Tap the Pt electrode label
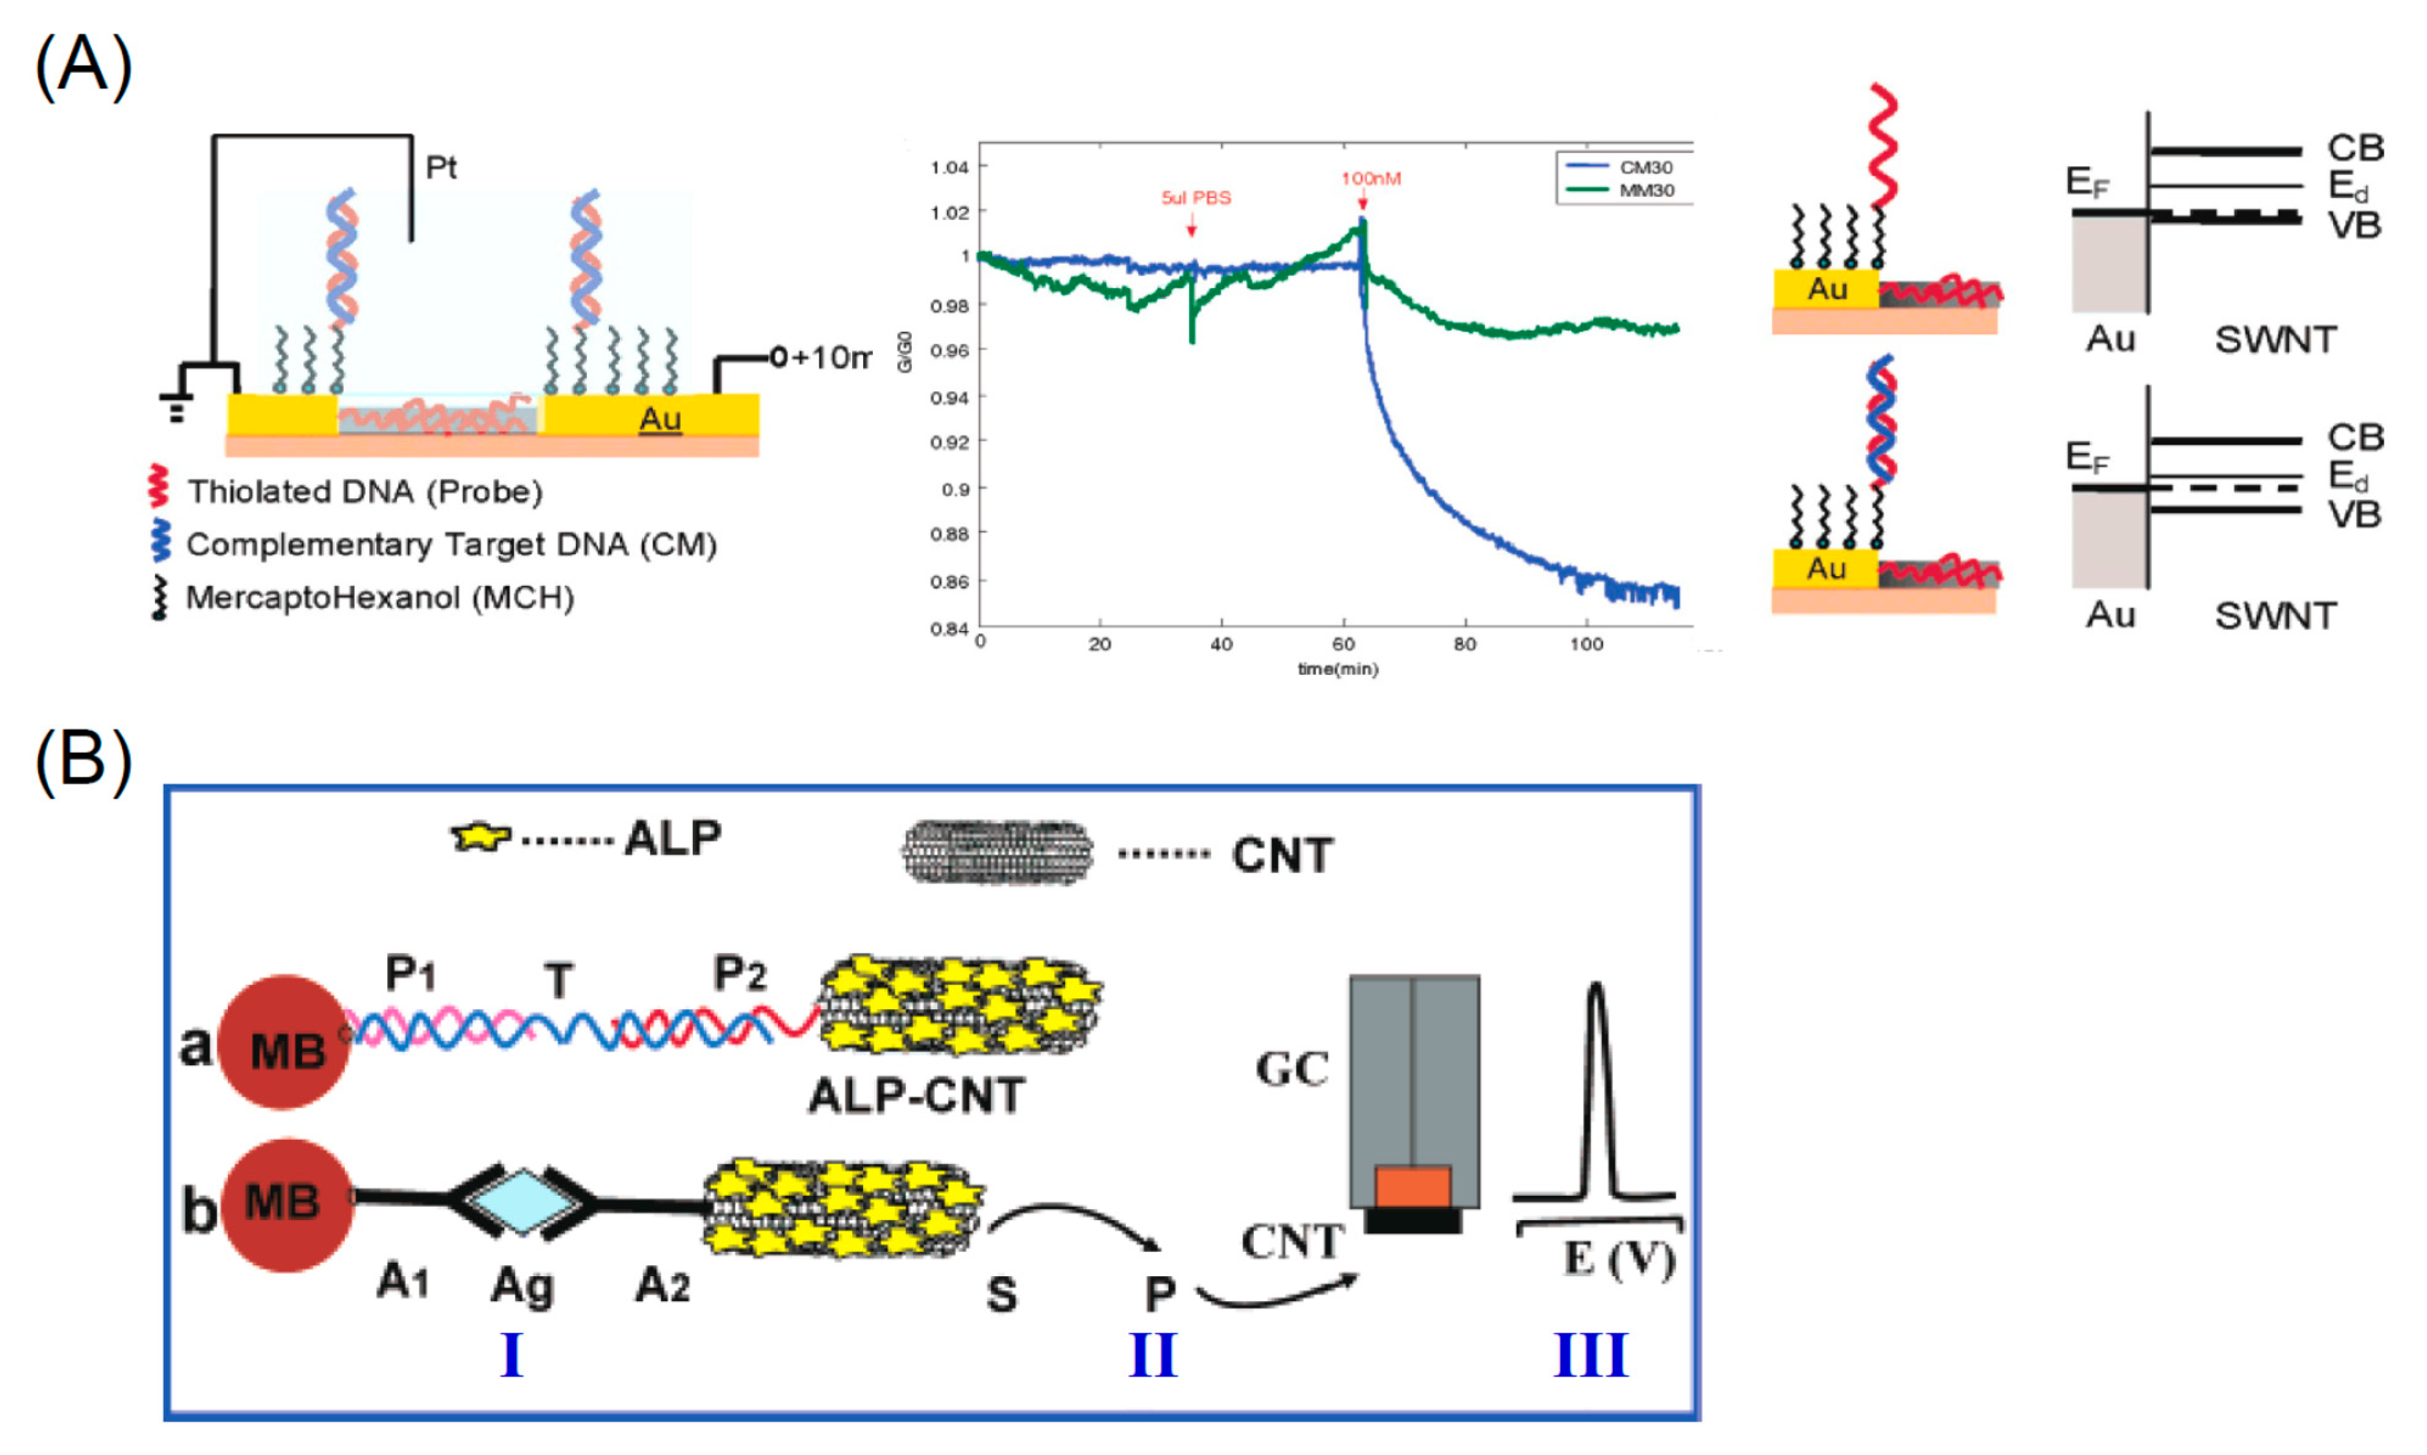pyautogui.click(x=441, y=168)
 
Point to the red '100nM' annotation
pyautogui.click(x=1370, y=178)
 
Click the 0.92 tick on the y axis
pyautogui.click(x=949, y=442)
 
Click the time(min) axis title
pyautogui.click(x=1337, y=670)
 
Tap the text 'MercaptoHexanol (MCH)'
pyautogui.click(x=380, y=597)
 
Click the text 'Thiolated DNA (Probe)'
pyautogui.click(x=364, y=491)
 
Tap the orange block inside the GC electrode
pyautogui.click(x=1412, y=1186)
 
